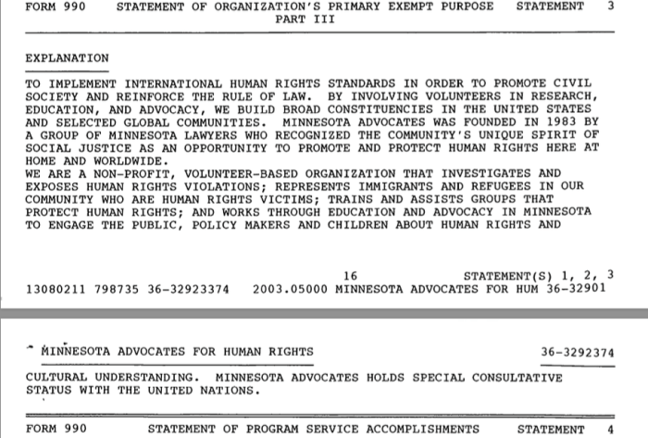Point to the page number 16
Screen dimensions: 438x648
click(350, 275)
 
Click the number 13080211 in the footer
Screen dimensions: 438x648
click(55, 288)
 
